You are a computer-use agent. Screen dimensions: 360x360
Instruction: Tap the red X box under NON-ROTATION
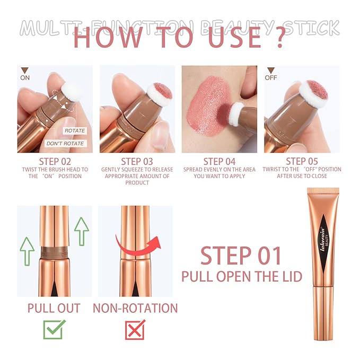(x=135, y=329)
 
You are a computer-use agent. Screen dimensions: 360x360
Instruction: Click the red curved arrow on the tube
(x=138, y=247)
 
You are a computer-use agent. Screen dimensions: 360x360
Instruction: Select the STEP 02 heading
(x=55, y=162)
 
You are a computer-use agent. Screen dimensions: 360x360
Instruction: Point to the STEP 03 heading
(x=137, y=162)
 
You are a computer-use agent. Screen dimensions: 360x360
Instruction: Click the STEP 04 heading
(x=219, y=162)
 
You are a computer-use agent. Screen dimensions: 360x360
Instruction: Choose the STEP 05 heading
(x=302, y=161)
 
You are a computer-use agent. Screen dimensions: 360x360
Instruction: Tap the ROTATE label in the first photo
(x=75, y=130)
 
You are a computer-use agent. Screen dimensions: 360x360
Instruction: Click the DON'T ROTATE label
(x=65, y=144)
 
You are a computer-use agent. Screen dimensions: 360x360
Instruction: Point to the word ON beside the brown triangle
(x=25, y=78)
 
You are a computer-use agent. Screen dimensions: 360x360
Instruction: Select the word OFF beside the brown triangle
(x=271, y=78)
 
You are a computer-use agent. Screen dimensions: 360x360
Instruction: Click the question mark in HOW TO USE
(x=280, y=38)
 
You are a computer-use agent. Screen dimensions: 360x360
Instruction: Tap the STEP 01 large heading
(x=241, y=256)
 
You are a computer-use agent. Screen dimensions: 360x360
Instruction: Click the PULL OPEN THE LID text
(x=242, y=276)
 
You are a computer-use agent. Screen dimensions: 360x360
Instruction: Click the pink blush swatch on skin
(x=208, y=106)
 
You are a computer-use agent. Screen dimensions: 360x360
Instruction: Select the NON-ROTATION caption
(x=135, y=308)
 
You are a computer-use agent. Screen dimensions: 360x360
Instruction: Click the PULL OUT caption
(x=54, y=308)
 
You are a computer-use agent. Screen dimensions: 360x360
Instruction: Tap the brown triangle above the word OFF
(x=271, y=71)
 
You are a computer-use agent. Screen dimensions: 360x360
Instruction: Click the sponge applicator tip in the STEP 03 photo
(x=160, y=93)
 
